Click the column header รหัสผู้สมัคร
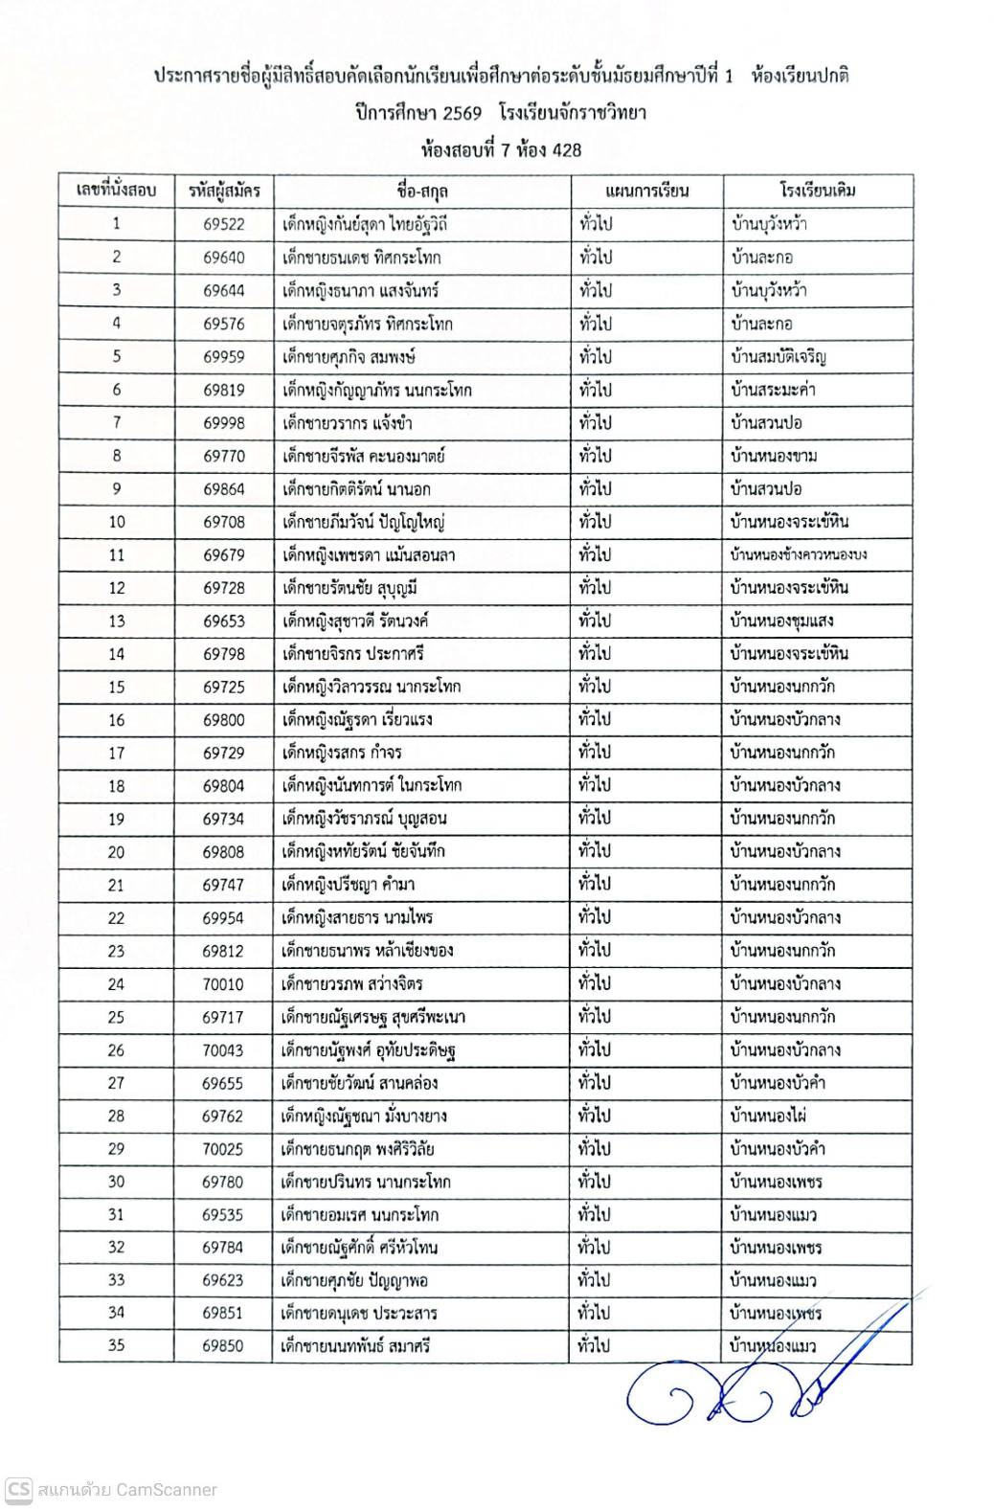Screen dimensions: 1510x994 pyautogui.click(x=224, y=191)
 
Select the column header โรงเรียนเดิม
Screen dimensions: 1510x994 pyautogui.click(x=817, y=191)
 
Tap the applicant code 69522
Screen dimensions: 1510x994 pyautogui.click(x=224, y=224)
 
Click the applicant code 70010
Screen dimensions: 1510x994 pyautogui.click(x=223, y=983)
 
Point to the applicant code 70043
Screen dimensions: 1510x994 pyautogui.click(x=223, y=1049)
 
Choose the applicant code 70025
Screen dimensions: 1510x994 pyautogui.click(x=223, y=1149)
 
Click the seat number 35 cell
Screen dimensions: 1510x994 pyautogui.click(x=116, y=1345)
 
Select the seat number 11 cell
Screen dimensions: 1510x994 pyautogui.click(x=116, y=554)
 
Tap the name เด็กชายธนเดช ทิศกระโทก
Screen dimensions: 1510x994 pyautogui.click(x=362, y=258)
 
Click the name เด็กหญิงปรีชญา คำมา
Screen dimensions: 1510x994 pyautogui.click(x=349, y=885)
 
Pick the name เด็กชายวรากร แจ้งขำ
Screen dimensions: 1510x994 pyautogui.click(x=348, y=422)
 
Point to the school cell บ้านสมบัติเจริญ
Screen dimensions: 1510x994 pyautogui.click(x=778, y=357)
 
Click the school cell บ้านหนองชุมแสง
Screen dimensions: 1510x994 pyautogui.click(x=781, y=620)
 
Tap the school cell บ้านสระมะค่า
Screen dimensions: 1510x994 pyautogui.click(x=773, y=390)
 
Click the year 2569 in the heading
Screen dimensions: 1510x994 pyautogui.click(x=462, y=113)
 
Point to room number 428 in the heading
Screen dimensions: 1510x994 pyautogui.click(x=564, y=149)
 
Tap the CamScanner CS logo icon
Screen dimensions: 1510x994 pyautogui.click(x=19, y=1490)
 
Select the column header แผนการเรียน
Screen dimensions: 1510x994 pyautogui.click(x=647, y=191)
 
